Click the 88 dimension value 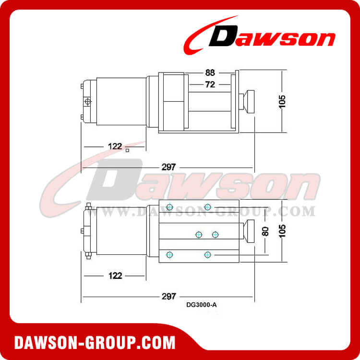coord(210,73)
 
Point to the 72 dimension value coord(210,84)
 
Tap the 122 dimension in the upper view coord(115,146)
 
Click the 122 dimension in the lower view coord(115,276)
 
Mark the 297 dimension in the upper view coord(168,167)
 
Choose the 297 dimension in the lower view coord(168,296)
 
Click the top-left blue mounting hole coord(169,207)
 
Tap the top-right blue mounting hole coord(207,207)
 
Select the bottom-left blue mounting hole coord(169,254)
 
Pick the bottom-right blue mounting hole coord(207,254)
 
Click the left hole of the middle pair coord(199,234)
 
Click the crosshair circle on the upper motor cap coord(87,101)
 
